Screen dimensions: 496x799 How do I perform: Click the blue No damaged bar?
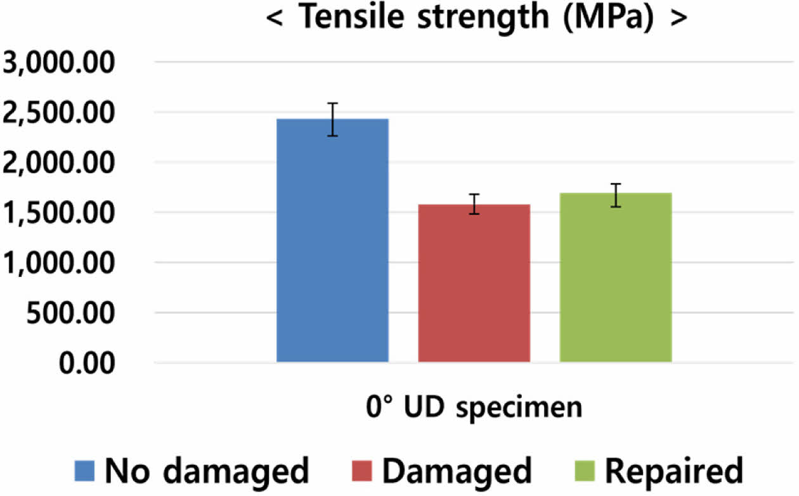coord(332,241)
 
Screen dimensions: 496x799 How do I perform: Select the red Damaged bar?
coord(474,283)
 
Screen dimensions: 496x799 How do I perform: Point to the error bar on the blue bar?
coord(332,119)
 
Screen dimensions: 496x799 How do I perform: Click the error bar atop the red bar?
coord(474,204)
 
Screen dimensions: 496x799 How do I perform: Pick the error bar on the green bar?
coord(615,195)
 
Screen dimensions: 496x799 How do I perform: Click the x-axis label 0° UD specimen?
coord(474,407)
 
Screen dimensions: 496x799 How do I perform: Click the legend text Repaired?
coord(673,471)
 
